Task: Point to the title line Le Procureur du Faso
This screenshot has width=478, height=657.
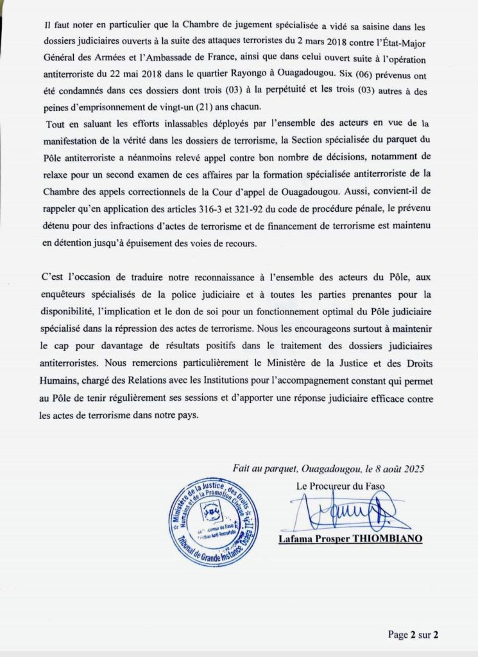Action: (x=341, y=486)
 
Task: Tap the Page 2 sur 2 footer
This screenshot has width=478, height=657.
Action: (x=413, y=635)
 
